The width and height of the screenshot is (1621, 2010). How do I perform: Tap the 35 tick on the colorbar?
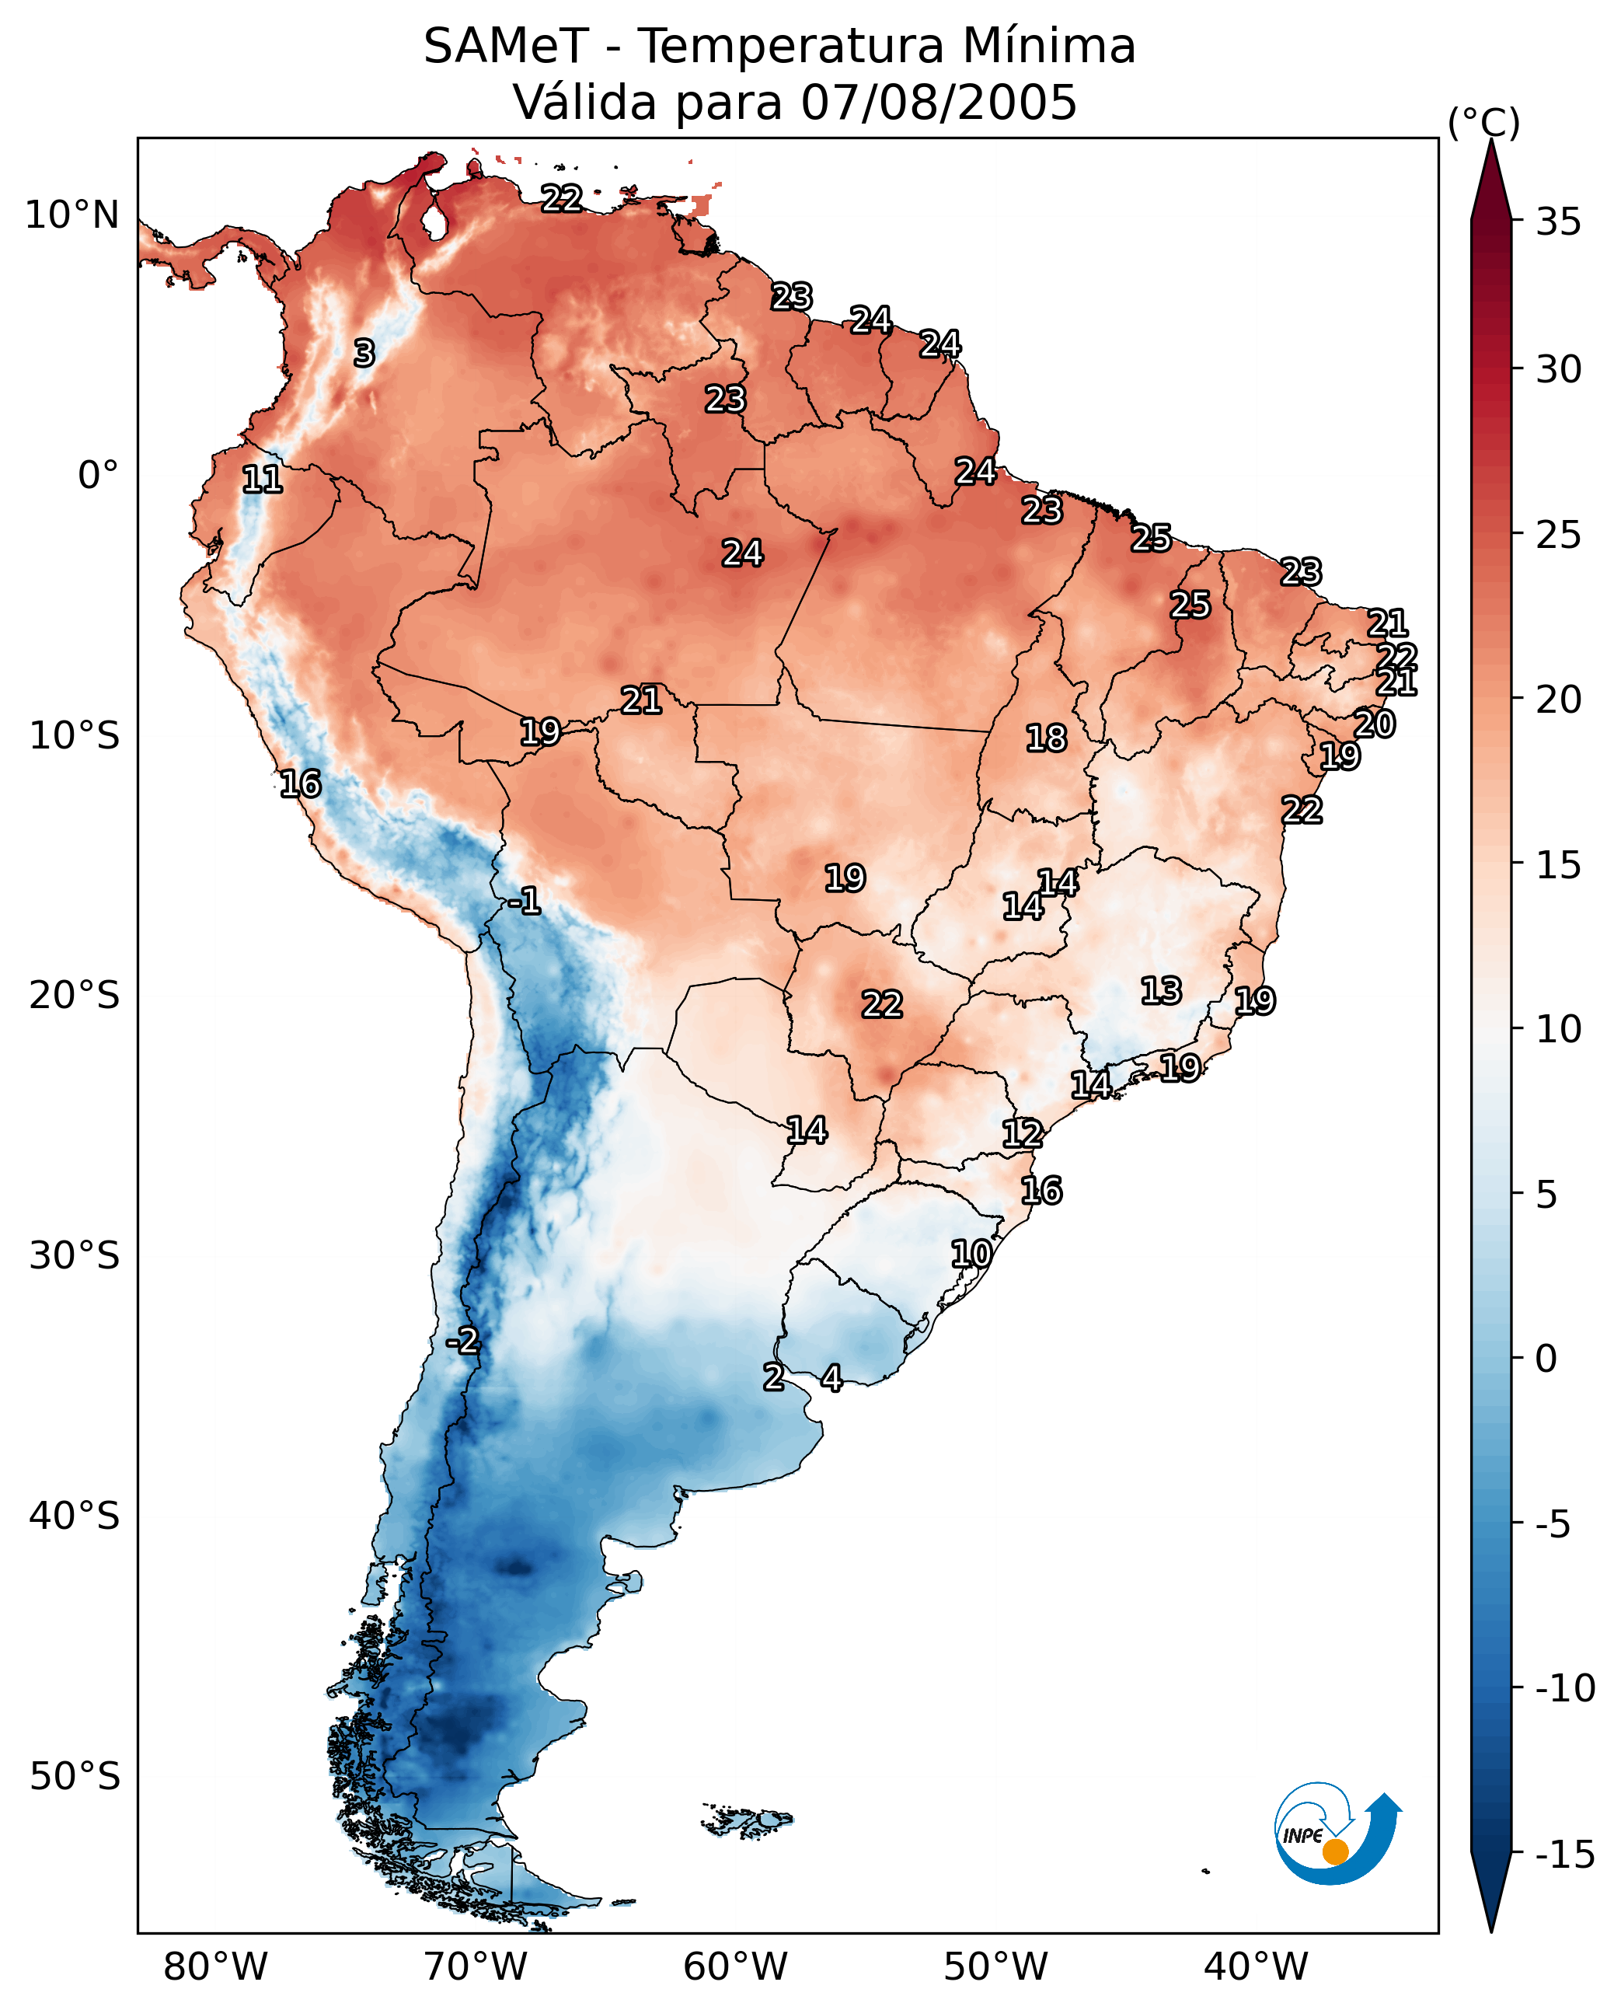coord(1518,222)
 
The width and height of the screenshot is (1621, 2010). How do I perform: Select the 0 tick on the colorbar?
coord(1518,1359)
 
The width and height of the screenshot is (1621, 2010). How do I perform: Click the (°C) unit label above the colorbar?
coord(1483,122)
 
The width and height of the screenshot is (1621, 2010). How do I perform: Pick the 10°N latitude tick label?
coord(72,216)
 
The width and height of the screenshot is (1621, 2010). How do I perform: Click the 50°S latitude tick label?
coord(75,1775)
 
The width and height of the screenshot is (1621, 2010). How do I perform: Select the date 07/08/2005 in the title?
coord(939,102)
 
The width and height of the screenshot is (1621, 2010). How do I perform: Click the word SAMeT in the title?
coord(506,46)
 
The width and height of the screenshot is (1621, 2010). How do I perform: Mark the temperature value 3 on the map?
coord(364,353)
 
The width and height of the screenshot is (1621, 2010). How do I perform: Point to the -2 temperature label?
coord(462,1342)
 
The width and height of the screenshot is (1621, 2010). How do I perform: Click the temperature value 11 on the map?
coord(263,479)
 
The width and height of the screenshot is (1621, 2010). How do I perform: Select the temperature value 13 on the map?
coord(1162,990)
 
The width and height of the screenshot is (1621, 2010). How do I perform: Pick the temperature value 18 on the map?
coord(1047,738)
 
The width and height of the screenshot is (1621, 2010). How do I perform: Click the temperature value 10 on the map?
coord(971,1254)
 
